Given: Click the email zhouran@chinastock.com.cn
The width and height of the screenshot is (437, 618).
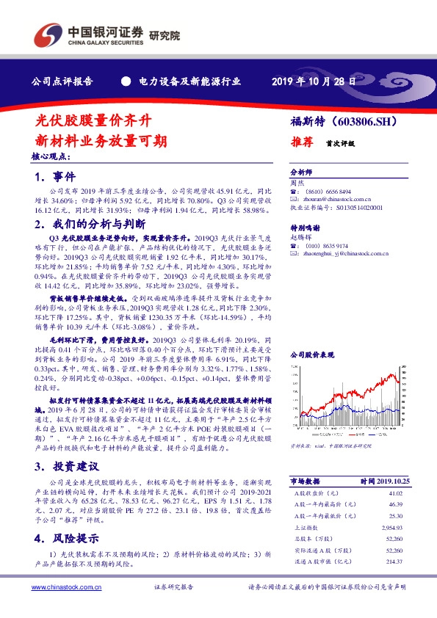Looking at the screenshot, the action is tap(335, 198).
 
